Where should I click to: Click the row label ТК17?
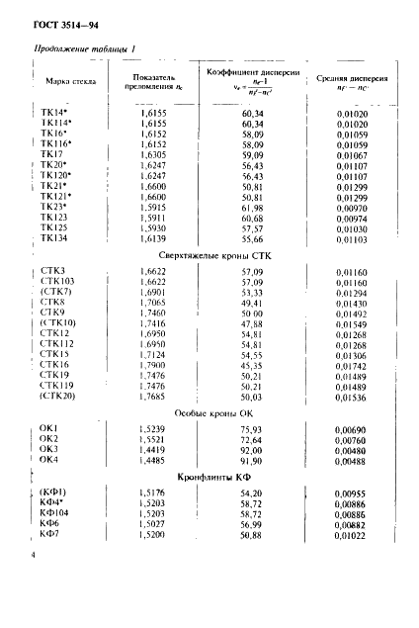tap(51, 155)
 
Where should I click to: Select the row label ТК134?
tap(55, 241)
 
